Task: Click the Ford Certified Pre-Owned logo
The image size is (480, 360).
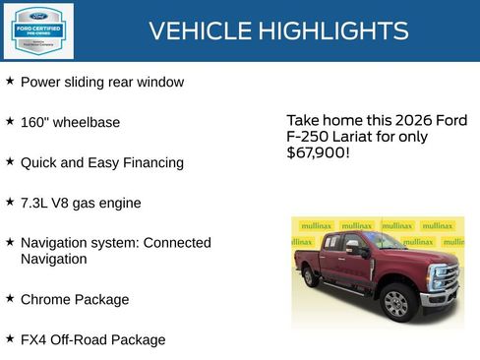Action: tap(37, 30)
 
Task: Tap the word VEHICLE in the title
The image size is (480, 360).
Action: tap(201, 31)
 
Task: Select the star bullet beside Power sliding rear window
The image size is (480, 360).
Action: tap(10, 81)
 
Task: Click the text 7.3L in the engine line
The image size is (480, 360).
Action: tap(35, 203)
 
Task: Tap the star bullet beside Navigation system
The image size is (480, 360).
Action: tap(10, 241)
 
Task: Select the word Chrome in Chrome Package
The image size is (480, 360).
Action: tap(45, 299)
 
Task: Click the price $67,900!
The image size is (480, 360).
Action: tap(317, 153)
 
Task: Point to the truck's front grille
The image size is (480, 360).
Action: tap(446, 277)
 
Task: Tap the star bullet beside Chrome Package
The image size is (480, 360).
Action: tap(10, 297)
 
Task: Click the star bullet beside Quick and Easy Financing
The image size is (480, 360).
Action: tap(10, 160)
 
